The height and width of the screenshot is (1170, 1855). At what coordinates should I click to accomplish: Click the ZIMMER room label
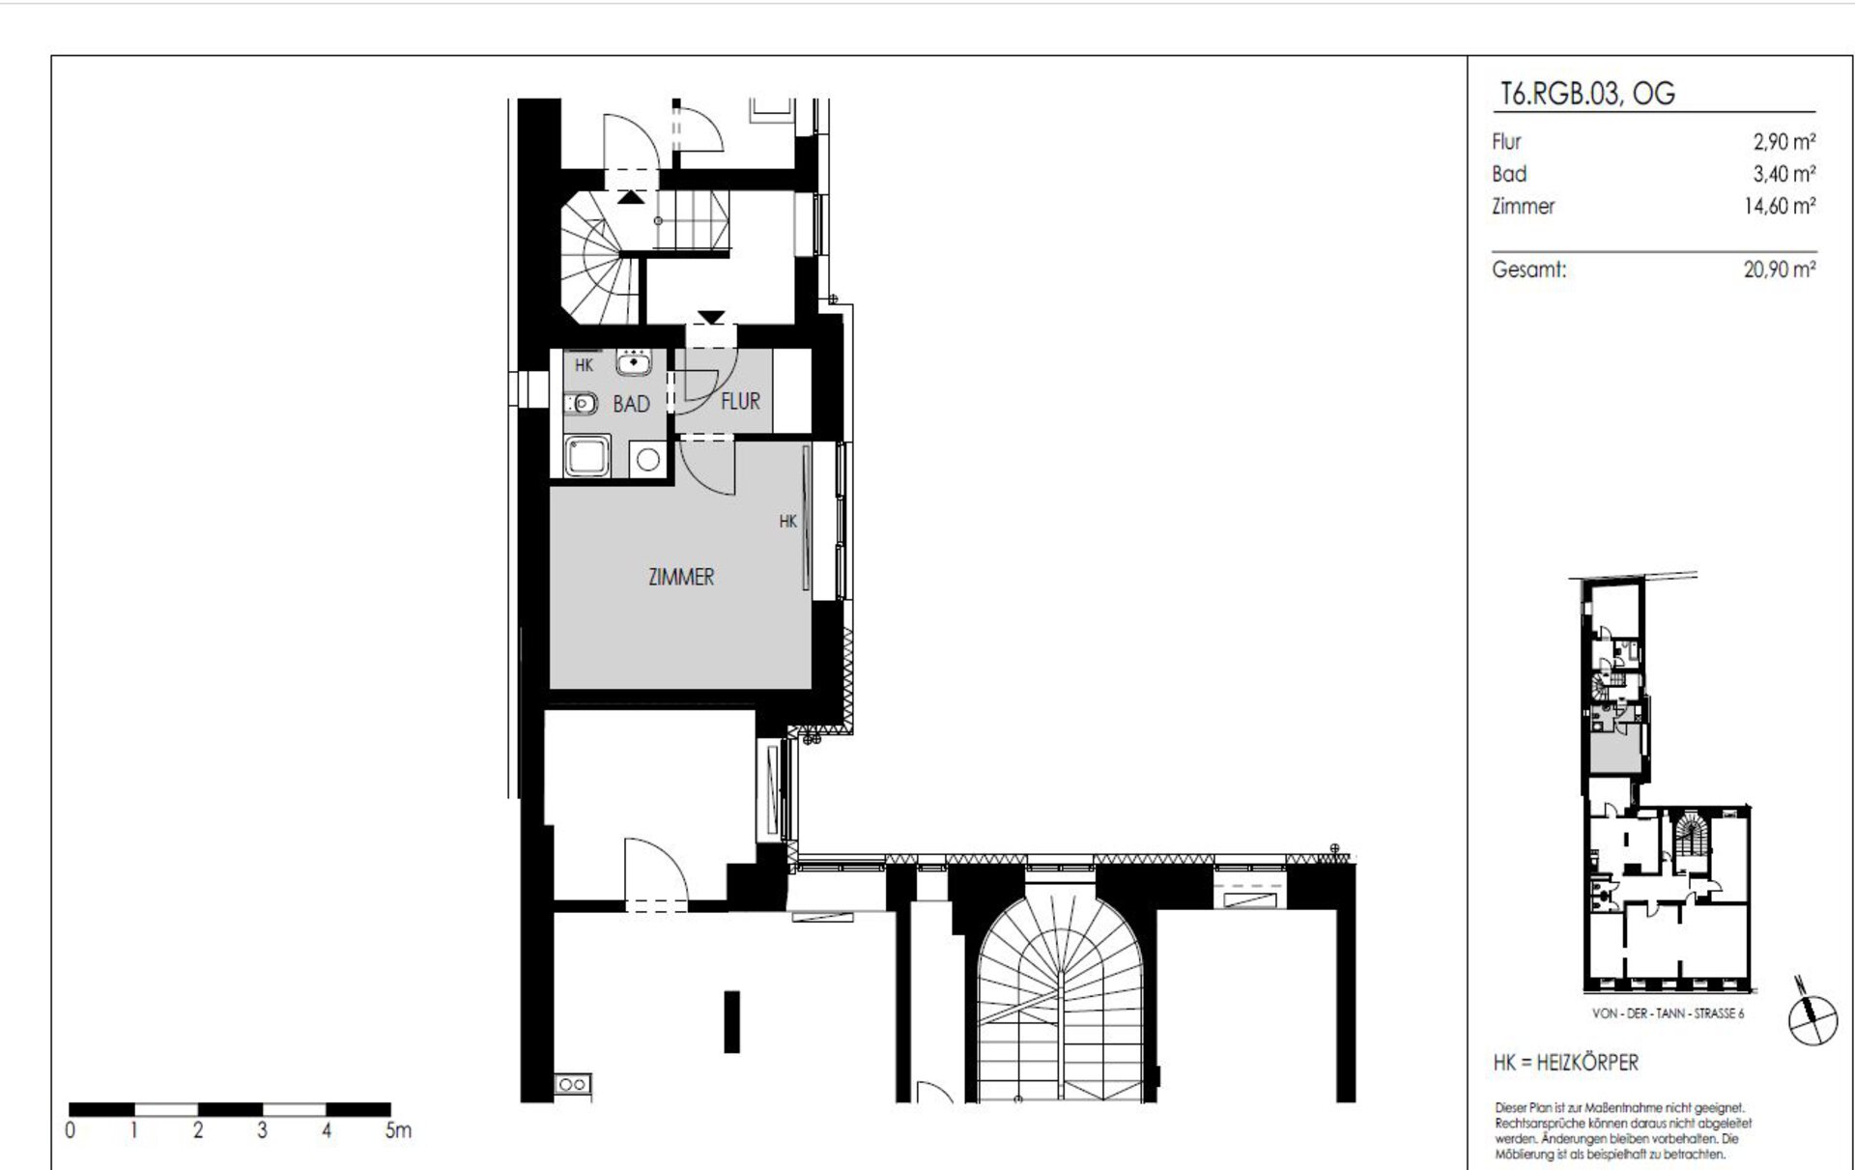681,577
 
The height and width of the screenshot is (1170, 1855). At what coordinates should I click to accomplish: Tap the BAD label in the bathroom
631,404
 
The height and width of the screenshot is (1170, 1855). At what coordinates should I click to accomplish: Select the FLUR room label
740,401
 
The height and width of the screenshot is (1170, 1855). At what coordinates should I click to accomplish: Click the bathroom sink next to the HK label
634,362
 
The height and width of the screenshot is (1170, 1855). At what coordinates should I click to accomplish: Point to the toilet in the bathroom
580,403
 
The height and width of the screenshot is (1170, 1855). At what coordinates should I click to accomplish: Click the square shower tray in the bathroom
588,456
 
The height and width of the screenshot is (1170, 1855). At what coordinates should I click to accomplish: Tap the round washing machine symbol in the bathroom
648,460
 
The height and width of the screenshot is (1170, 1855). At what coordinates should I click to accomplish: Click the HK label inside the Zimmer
788,522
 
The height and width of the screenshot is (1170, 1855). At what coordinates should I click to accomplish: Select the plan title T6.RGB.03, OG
1586,95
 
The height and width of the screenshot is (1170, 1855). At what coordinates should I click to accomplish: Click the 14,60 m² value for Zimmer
1780,206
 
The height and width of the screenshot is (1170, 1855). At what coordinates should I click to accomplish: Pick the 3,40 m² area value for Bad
1784,174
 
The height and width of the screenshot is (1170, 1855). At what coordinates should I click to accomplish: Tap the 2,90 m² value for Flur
1784,142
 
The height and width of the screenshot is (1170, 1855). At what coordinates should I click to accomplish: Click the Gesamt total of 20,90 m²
1780,270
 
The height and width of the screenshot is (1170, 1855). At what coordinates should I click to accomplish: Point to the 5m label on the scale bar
398,1130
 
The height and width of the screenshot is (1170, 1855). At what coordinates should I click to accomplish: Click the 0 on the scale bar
71,1130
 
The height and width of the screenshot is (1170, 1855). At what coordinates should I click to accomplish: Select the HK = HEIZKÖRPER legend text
1565,1063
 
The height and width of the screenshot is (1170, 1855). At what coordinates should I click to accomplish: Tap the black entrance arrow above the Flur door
712,317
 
